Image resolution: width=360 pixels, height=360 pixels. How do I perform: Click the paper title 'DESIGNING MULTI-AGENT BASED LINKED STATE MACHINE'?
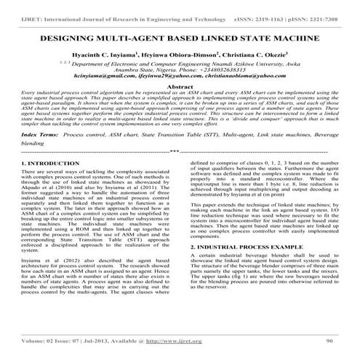coord(180,34)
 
